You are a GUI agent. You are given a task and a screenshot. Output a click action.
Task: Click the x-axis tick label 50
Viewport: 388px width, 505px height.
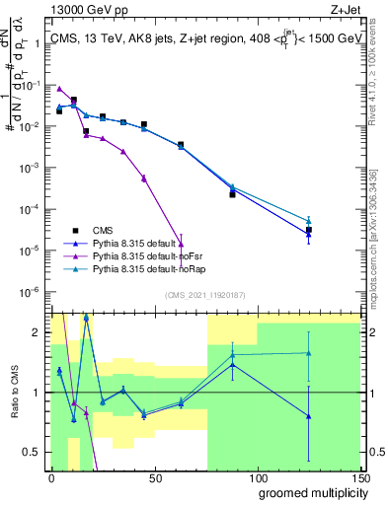[x=154, y=477]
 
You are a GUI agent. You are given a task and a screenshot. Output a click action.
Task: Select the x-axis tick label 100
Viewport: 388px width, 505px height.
[x=257, y=477]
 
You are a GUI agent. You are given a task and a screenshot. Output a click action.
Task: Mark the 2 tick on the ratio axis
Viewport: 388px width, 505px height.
[x=38, y=332]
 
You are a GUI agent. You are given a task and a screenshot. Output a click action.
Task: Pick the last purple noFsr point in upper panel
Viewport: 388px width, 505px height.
[x=181, y=243]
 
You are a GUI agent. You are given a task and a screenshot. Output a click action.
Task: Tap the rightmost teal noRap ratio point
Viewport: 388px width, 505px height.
[x=309, y=353]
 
